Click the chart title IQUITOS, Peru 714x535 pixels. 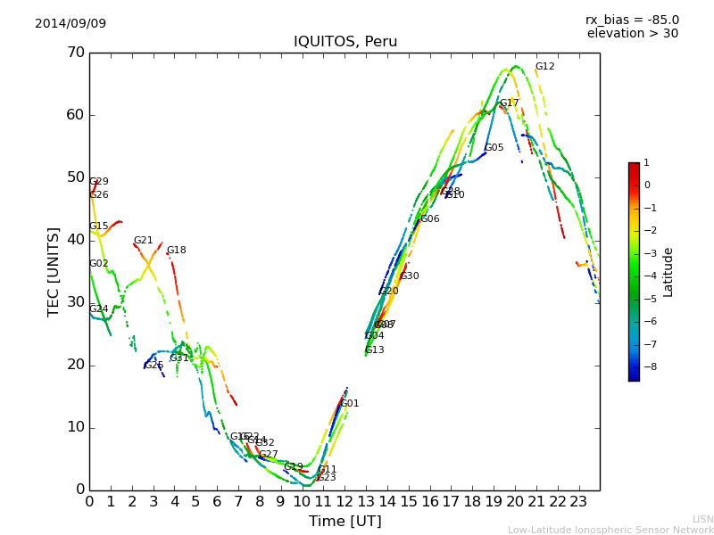pos(345,42)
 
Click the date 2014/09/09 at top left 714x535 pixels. pos(71,23)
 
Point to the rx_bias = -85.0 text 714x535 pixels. pos(632,20)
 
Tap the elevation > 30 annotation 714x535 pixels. pos(632,34)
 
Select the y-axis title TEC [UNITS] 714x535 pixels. pos(54,271)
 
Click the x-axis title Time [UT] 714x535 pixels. pos(345,522)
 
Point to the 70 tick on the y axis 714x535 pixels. pos(75,53)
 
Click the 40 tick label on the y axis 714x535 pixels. pos(75,240)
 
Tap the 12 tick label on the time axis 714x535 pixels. pos(345,501)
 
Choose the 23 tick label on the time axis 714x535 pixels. pos(578,501)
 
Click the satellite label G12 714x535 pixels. pos(544,67)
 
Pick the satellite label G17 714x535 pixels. pos(509,103)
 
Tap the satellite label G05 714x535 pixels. pos(494,148)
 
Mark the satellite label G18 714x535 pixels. pos(176,251)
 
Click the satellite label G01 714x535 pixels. pos(350,404)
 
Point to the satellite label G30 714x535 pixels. pos(409,276)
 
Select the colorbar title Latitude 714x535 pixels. pos(668,272)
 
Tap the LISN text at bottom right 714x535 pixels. pos(702,519)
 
